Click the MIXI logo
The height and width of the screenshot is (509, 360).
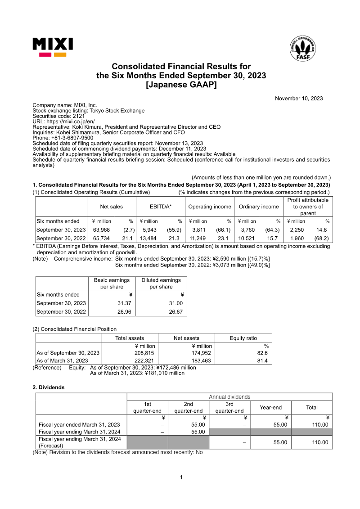pos(53,47)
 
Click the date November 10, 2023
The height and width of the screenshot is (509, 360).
pos(299,99)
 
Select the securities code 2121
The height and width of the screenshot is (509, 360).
pos(75,116)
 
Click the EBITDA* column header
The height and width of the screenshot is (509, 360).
pos(161,207)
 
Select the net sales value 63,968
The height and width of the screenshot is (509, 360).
pos(101,230)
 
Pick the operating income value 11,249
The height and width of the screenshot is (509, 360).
pos(198,238)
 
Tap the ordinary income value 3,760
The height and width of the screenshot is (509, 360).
pos(247,230)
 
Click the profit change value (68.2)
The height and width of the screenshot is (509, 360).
pos(321,238)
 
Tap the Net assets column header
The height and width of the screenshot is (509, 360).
pos(186,338)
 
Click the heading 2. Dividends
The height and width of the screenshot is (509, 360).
pos(49,387)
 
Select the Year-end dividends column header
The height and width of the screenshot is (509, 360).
pos(270,407)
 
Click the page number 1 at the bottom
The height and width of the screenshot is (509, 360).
pos(181,477)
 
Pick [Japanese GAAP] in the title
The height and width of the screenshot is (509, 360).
pos(181,85)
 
